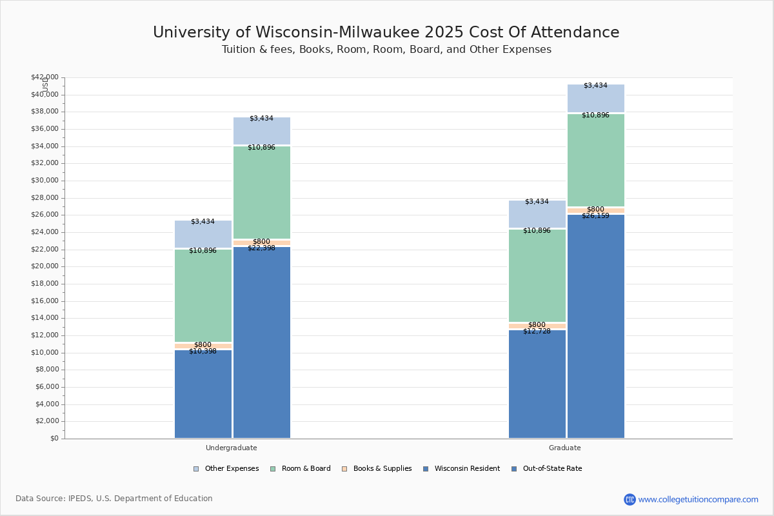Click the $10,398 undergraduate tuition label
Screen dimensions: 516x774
coord(203,351)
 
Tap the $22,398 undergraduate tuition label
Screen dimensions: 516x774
coord(261,248)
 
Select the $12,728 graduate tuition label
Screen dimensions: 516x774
coord(537,331)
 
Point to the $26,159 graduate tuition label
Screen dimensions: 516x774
coord(595,215)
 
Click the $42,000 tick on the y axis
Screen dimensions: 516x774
coord(44,77)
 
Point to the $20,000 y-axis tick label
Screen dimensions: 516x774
coord(44,266)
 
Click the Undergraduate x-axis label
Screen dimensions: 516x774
coord(232,448)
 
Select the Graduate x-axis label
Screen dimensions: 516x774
coord(565,448)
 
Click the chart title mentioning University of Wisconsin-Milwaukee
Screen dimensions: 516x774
coord(386,33)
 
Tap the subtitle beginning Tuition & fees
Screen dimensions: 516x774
coord(386,50)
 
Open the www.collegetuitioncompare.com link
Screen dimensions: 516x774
coord(698,499)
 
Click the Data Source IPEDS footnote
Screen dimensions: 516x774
coord(114,499)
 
